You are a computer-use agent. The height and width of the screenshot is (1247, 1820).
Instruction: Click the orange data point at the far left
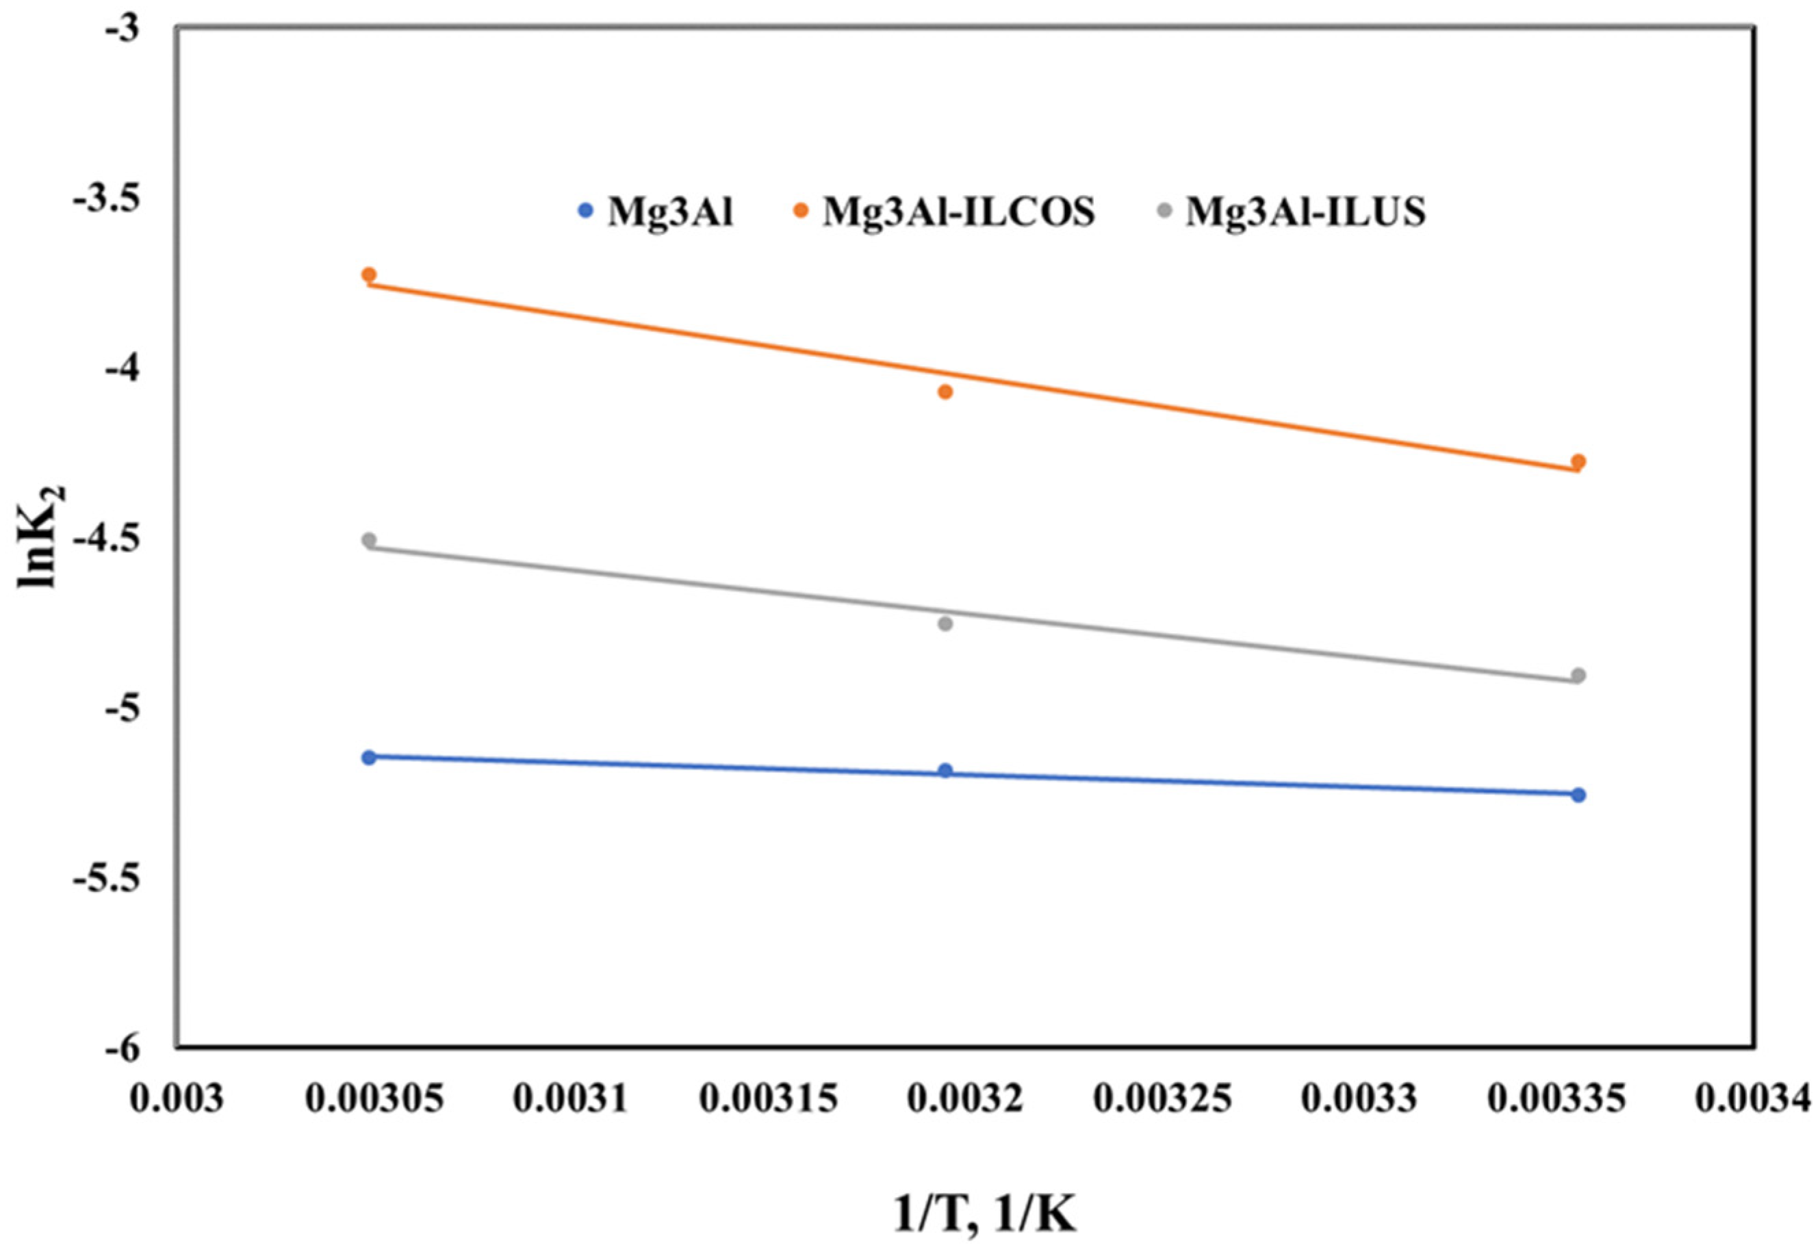pos(369,275)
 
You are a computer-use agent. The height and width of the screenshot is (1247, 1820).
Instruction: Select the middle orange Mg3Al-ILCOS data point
pos(945,391)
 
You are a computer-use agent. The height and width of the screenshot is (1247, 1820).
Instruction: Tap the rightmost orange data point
pos(1578,461)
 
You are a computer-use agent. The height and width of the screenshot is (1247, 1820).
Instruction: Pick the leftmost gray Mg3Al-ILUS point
pos(369,541)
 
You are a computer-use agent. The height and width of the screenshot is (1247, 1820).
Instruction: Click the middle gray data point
pos(945,624)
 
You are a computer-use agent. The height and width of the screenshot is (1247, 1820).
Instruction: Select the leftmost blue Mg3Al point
pos(369,758)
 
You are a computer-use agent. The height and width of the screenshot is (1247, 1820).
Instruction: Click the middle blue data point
pos(945,771)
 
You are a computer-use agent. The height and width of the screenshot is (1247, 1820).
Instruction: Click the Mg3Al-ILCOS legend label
pos(958,211)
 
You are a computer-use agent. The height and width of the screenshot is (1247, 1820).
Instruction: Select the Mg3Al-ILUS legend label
pos(1305,211)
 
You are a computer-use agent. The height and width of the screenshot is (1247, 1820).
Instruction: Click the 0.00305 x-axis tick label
pos(375,1099)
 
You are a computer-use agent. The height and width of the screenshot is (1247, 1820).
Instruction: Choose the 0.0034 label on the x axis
pos(1754,1099)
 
